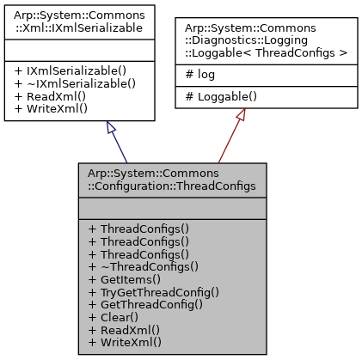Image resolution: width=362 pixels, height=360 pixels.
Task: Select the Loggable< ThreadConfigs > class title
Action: tap(266, 41)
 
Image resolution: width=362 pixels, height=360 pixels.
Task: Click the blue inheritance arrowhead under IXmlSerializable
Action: tap(110, 128)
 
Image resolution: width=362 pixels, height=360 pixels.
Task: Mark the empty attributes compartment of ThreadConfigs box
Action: tap(172, 208)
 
